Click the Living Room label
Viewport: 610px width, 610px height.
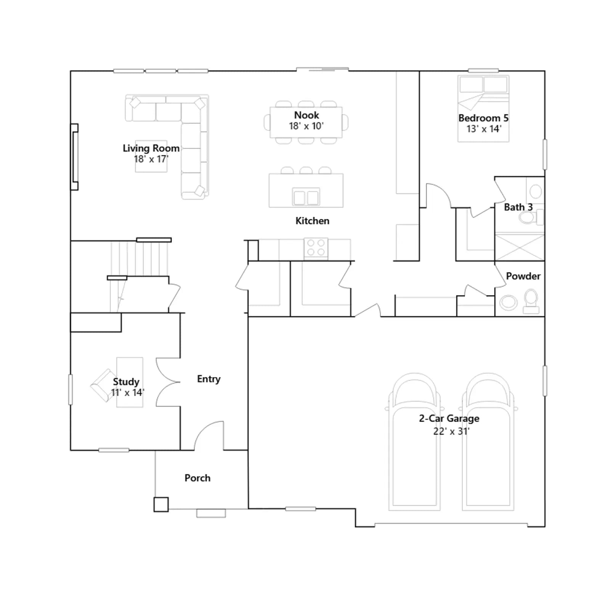[151, 148]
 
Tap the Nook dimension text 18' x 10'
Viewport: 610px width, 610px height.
[306, 126]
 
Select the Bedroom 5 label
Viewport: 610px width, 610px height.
[483, 118]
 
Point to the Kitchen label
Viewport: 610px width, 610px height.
[312, 221]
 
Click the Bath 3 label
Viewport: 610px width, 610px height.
[518, 207]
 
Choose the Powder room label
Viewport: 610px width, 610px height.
[523, 276]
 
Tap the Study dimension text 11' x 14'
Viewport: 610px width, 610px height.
[128, 393]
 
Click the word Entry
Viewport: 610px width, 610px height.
[209, 379]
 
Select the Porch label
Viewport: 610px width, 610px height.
[197, 478]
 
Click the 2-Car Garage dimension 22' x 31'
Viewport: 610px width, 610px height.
[451, 431]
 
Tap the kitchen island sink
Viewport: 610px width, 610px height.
[306, 197]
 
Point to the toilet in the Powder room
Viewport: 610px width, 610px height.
[531, 302]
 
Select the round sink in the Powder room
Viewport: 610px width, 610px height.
[508, 303]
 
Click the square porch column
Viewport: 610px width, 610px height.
[161, 504]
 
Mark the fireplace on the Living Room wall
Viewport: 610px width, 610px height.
[74, 157]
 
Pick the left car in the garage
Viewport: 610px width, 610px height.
[414, 442]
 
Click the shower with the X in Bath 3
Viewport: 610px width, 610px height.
[520, 247]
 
